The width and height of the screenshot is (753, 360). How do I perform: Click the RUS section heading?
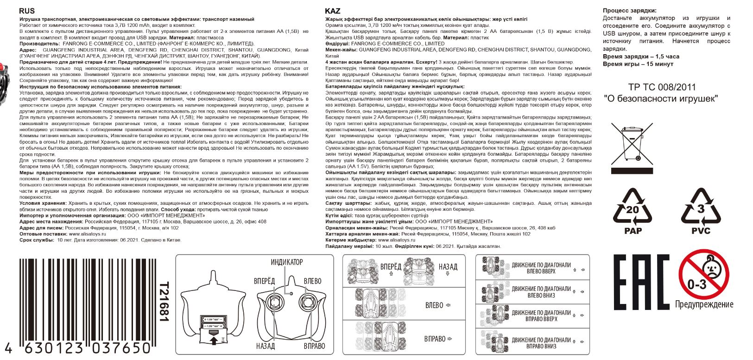27,11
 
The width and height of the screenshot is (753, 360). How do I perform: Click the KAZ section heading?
333,11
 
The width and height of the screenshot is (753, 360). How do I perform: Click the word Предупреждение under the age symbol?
704,304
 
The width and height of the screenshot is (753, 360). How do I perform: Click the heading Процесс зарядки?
629,11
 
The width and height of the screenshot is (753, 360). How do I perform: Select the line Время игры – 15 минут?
638,64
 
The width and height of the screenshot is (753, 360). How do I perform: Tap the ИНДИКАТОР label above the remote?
286,262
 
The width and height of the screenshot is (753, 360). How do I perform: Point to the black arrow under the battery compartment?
214,341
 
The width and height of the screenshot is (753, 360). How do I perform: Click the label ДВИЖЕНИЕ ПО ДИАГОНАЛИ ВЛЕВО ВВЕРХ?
541,268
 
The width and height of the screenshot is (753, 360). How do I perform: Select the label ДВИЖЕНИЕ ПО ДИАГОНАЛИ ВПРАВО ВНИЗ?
541,342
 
